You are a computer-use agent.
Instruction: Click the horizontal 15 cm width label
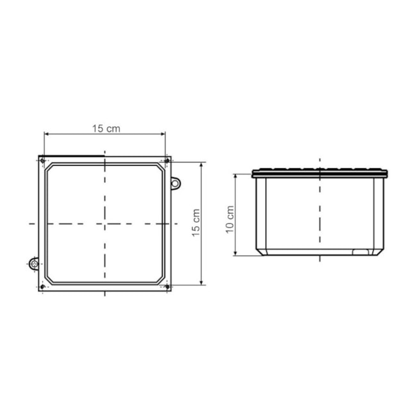106,128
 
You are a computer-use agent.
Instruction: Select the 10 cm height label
230,220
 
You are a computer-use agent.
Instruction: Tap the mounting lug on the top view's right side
174,184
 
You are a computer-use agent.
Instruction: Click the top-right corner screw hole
167,160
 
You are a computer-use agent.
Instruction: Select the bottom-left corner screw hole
42,286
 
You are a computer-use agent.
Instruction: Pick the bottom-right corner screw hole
167,286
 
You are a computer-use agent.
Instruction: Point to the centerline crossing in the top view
104,223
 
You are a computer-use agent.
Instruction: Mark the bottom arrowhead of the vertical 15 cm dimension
202,282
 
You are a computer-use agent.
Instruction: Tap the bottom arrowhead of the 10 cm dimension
236,254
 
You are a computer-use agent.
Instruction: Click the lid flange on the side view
320,173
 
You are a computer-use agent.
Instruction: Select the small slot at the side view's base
361,252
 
